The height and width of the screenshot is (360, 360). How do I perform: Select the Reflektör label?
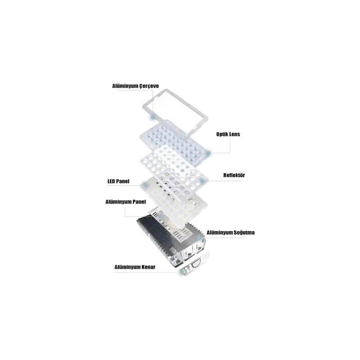click(234, 175)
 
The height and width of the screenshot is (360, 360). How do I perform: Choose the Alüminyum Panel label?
click(126, 202)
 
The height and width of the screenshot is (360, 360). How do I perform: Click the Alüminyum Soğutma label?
click(231, 233)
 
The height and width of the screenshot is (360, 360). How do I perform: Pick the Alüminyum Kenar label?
click(135, 267)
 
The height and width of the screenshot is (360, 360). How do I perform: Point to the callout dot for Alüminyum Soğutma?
click(200, 238)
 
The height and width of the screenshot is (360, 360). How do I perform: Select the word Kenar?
click(148, 267)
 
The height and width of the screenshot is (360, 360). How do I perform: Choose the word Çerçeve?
click(150, 86)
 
